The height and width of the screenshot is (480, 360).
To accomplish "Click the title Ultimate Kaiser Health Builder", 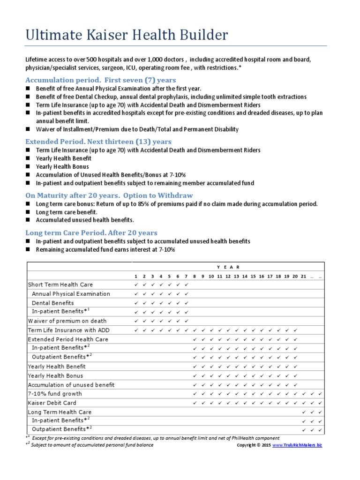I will pos(127,35).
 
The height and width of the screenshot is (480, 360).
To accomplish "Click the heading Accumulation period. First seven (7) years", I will pos(101,80).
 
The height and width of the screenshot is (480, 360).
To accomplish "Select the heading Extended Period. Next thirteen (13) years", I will pos(98,141).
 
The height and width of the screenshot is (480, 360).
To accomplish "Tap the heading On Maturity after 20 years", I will pos(109,195).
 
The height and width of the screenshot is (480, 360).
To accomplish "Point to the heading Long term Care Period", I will pos(91,232).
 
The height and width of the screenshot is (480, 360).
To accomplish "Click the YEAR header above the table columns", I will pos(228,267).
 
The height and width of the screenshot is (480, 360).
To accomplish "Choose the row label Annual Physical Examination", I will pos(71,294).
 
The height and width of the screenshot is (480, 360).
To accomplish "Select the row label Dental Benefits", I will pos(52,303).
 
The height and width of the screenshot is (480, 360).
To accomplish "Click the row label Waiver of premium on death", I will pos(67,321).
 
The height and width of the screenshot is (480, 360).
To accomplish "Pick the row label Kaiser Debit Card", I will pos(52,403).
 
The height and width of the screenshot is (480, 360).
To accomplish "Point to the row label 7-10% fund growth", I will pos(55,394).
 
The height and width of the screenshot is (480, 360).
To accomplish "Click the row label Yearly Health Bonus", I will pos(55,375).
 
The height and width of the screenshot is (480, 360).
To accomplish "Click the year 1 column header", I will pos(136,277).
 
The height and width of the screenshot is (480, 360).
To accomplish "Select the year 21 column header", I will pos(304,277).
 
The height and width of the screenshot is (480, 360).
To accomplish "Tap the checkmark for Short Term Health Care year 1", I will pos(136,285).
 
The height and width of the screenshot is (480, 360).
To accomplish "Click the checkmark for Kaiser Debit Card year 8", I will pos(195,403).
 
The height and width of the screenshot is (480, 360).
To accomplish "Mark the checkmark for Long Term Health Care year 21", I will pos(304,412).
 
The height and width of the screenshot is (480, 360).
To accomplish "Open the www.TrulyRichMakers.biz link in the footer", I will pos(297,445).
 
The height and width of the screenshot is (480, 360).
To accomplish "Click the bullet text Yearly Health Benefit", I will pos(64,158).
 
